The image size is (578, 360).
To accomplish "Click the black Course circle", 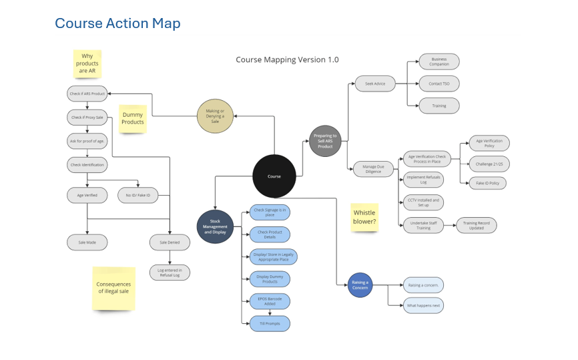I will [x=274, y=176].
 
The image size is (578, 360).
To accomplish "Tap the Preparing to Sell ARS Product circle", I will [x=325, y=141].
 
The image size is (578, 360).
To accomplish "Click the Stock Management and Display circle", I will [x=215, y=226].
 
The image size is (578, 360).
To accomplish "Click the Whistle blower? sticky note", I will [x=364, y=218].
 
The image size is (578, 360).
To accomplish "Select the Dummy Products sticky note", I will [x=133, y=118].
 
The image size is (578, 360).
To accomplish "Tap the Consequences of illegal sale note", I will [x=113, y=288].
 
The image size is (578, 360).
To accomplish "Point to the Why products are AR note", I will [x=87, y=63].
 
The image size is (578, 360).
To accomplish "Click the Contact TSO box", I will [x=439, y=83].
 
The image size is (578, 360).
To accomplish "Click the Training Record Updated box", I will [x=476, y=225].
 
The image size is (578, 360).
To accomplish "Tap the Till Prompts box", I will [x=270, y=323].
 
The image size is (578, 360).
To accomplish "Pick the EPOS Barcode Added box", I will [x=270, y=301].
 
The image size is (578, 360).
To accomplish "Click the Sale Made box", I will [x=87, y=242].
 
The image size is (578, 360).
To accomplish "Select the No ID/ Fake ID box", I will [x=138, y=195].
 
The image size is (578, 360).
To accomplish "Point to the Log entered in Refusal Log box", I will [x=170, y=272].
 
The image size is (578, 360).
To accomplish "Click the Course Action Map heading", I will [x=117, y=23].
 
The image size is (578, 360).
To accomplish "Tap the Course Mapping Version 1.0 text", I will [x=287, y=59].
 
